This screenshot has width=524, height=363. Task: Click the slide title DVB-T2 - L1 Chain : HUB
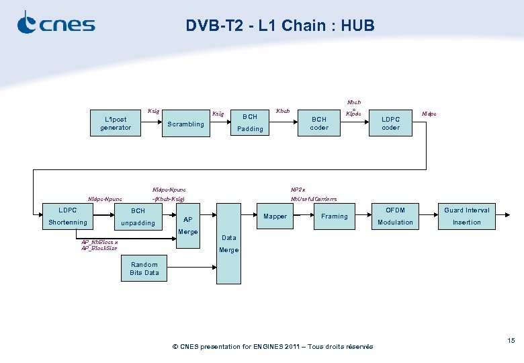click(x=280, y=26)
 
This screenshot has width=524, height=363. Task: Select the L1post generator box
click(x=116, y=124)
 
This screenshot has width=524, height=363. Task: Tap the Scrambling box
click(x=185, y=124)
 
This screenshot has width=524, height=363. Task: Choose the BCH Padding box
click(x=250, y=122)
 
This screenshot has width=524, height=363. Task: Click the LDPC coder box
click(x=390, y=124)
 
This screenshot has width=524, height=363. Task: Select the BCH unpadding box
click(x=138, y=216)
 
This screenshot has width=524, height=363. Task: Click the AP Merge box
click(x=187, y=225)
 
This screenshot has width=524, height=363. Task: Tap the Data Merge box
click(x=228, y=243)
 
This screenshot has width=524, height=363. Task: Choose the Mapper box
click(x=275, y=216)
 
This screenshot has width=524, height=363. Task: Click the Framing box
click(x=335, y=216)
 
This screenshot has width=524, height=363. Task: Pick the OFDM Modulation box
click(x=395, y=216)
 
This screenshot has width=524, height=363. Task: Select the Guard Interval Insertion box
click(x=466, y=216)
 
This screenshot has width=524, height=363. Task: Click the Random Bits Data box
click(x=144, y=268)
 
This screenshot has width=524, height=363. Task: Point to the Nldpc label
click(x=429, y=114)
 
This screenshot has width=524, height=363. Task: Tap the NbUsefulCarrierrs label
click(x=314, y=200)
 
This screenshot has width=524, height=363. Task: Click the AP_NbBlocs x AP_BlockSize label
click(x=99, y=245)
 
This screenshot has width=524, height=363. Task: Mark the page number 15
click(x=511, y=341)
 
